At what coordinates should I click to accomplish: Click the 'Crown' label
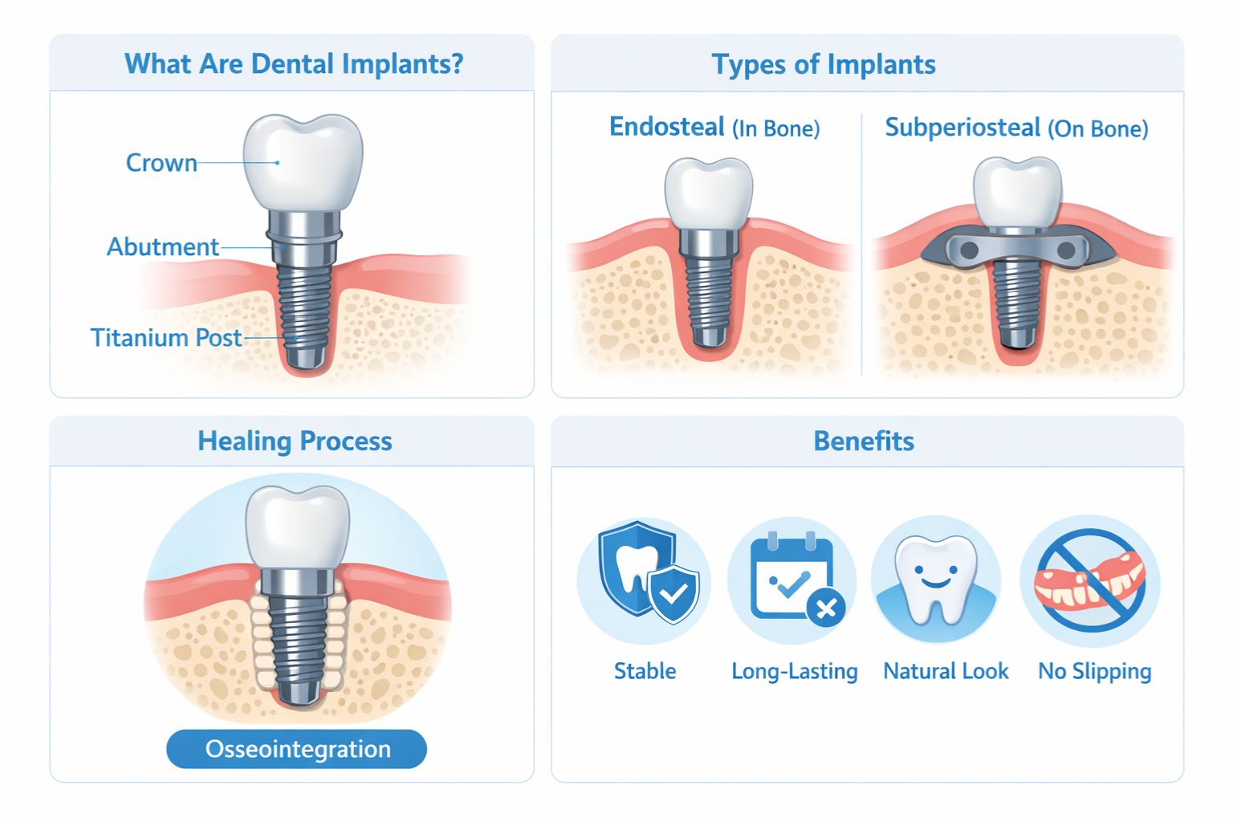[x=161, y=163]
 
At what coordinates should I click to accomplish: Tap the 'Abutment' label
[x=163, y=246]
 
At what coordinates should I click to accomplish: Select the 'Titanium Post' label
[x=166, y=337]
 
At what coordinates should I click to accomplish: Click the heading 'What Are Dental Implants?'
[x=294, y=63]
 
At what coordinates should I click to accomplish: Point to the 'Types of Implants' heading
[x=824, y=64]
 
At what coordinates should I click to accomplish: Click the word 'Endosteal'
[x=667, y=127]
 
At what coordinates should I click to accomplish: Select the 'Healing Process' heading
[x=295, y=441]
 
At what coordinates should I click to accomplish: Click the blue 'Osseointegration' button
[x=297, y=749]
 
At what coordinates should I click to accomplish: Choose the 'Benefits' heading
[x=864, y=441]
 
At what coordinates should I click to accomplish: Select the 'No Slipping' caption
[x=1094, y=671]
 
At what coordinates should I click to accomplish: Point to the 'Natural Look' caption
[x=946, y=671]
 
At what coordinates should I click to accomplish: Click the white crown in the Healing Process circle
[x=298, y=527]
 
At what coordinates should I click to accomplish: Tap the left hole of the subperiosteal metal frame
[x=968, y=250]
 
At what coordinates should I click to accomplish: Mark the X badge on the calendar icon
[x=825, y=609]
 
